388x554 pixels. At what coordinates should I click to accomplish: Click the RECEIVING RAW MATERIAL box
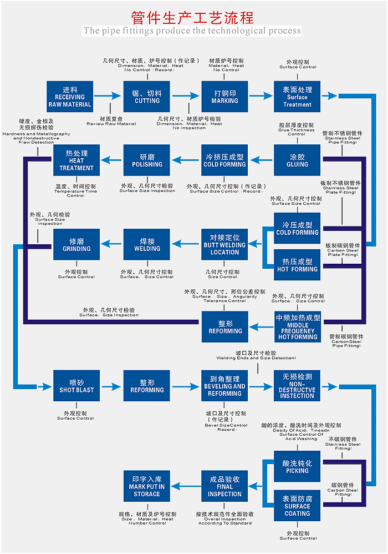[70, 97]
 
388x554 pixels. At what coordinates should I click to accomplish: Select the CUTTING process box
[147, 97]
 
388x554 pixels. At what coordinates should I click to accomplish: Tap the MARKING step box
[224, 97]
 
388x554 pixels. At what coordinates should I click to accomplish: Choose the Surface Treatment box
[297, 97]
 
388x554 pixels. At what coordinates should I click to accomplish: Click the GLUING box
[297, 161]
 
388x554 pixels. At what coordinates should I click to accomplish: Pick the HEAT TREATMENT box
[76, 161]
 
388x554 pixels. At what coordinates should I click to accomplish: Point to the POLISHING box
[147, 161]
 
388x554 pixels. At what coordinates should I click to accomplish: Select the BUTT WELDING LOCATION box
[224, 245]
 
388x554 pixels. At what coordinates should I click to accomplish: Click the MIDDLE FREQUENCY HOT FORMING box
[298, 327]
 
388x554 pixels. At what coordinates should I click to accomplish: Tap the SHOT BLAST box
[76, 386]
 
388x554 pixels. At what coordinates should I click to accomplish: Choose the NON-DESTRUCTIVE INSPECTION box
[297, 386]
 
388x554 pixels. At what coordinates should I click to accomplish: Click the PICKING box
[297, 467]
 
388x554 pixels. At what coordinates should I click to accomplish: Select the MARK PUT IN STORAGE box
[147, 486]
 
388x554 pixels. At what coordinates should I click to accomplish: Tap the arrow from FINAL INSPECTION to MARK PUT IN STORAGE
[186, 486]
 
